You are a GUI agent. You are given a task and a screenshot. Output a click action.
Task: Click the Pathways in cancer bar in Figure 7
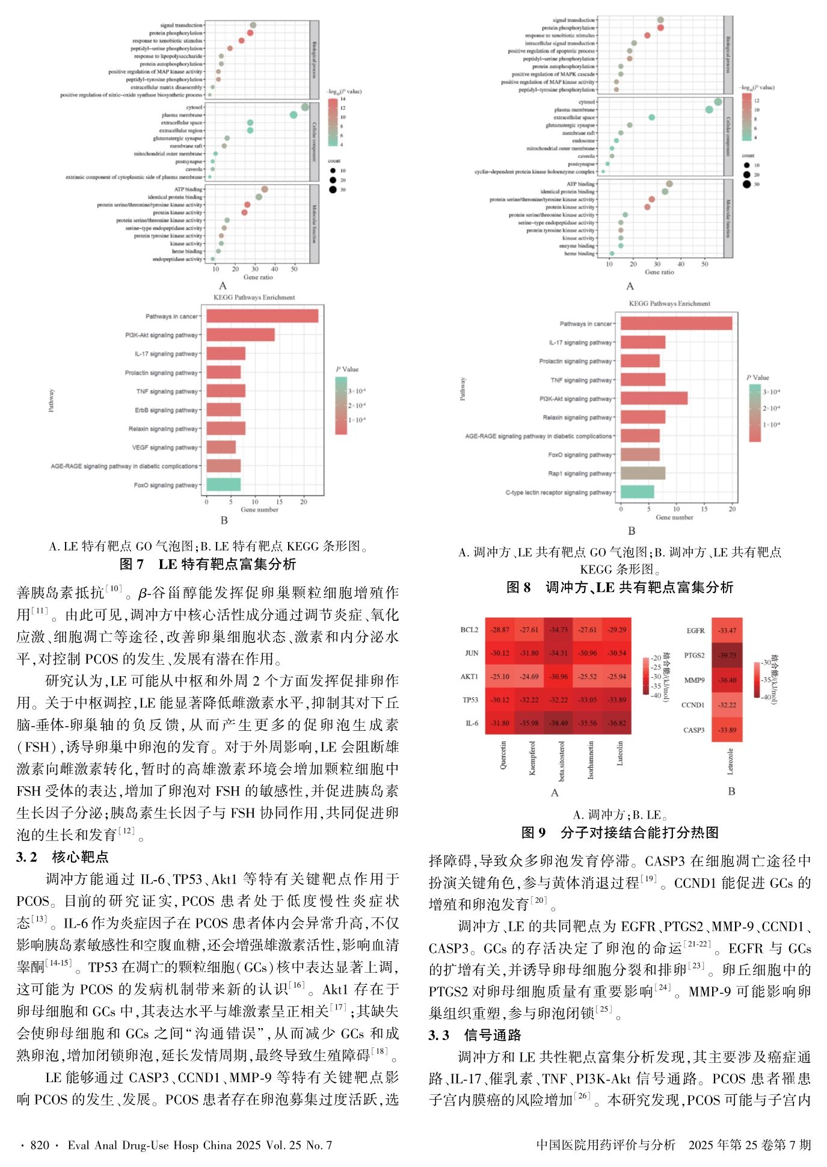262,316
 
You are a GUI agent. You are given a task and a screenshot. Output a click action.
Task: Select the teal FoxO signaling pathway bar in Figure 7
223,485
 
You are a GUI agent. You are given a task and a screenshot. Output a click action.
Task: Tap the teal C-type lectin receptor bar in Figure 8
637,492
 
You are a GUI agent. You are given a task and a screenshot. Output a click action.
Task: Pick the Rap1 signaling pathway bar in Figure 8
643,473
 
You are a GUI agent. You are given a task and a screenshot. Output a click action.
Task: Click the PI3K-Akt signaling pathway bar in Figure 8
654,398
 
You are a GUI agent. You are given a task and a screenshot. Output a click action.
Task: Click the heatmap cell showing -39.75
727,655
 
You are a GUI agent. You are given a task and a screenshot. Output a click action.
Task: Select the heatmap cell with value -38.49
558,723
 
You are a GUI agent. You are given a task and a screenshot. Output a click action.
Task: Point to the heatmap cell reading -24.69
529,676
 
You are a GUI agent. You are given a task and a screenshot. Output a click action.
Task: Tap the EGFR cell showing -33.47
727,630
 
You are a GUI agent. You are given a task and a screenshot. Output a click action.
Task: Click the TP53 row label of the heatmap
470,700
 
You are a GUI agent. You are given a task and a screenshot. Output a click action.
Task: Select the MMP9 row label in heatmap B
694,680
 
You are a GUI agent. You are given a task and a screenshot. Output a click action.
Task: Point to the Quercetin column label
503,754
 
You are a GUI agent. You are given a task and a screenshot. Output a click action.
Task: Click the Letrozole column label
730,761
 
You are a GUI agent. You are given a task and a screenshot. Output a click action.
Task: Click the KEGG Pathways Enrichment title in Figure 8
669,304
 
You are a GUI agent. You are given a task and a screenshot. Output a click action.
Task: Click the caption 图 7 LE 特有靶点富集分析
208,564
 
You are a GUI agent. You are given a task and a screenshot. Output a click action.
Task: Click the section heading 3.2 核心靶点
63,857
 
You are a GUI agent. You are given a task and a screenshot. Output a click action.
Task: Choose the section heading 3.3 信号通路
475,1035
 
